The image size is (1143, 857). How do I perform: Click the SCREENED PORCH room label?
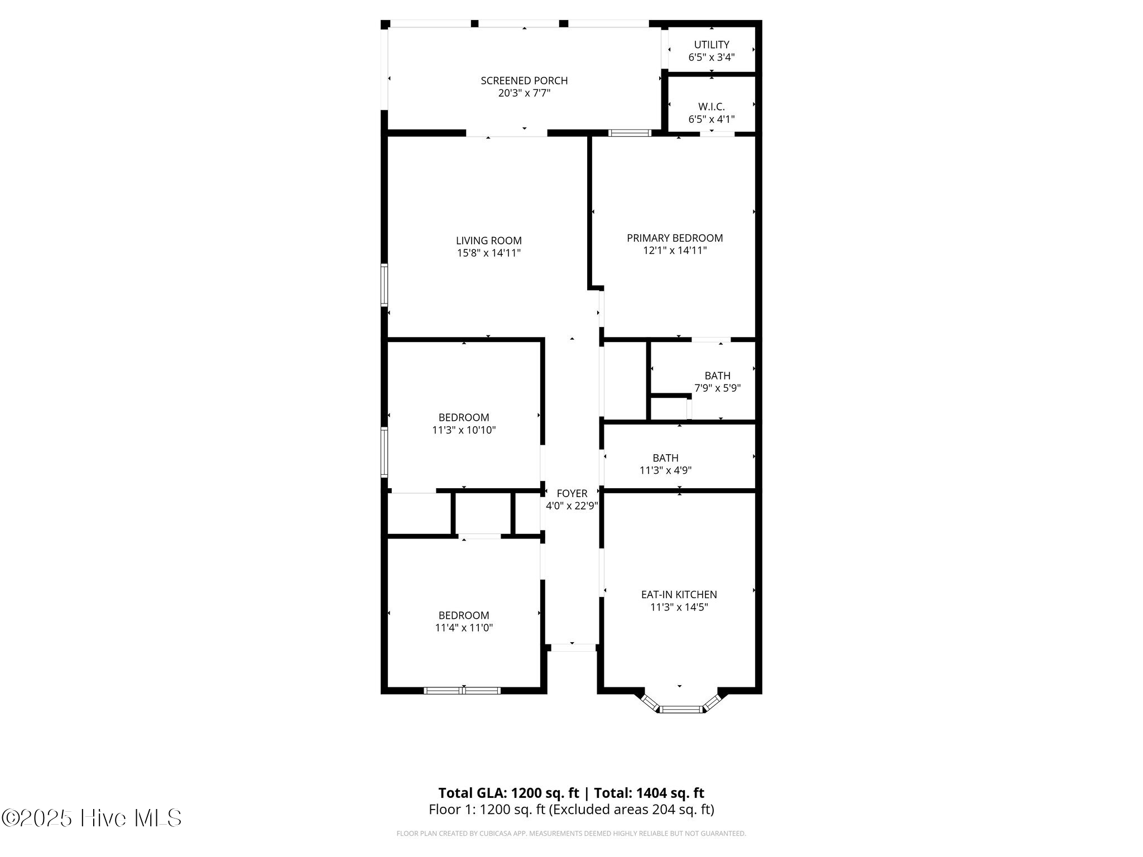coord(524,80)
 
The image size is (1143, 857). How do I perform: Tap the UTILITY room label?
coord(712,45)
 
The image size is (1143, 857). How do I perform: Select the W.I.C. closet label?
coord(712,107)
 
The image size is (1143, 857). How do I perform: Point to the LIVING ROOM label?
coord(489,240)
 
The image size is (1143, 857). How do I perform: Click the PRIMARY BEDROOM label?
coord(675,238)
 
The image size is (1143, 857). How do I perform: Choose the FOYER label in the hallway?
coord(572,493)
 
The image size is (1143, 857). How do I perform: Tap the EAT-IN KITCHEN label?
coord(679,595)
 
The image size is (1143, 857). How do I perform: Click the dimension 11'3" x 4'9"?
coord(666,470)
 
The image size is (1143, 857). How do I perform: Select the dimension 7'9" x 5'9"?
coord(717,388)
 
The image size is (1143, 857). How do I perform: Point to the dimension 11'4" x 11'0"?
coord(464,628)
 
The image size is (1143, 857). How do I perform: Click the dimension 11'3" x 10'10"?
coord(464,430)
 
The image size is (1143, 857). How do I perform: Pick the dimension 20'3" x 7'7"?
coord(524,93)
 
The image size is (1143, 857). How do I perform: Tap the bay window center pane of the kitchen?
coord(680,710)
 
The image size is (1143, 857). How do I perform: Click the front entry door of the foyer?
coord(573,647)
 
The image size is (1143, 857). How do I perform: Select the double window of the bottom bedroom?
coord(462,691)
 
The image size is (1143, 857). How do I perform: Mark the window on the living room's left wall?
coord(384,285)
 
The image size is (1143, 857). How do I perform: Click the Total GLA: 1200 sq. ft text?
coord(508,793)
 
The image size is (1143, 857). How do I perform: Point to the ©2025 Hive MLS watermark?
coord(92,818)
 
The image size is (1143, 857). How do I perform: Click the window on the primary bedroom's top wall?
coord(630,133)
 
